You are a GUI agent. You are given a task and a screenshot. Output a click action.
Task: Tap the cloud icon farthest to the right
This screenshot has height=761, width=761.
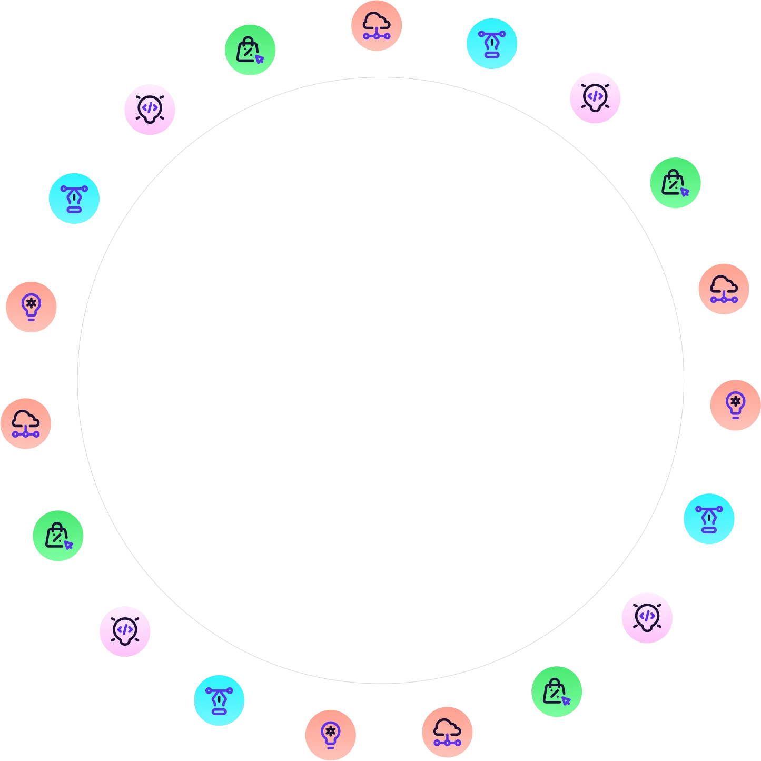(724, 289)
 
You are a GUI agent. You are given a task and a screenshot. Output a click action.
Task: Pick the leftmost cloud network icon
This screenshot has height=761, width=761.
(26, 423)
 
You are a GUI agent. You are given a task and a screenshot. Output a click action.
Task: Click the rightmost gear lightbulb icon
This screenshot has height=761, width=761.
(735, 406)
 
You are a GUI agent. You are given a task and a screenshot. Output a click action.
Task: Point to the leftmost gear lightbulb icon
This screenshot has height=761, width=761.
(31, 307)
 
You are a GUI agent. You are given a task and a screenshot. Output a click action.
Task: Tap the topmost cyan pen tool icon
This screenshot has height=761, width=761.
(491, 43)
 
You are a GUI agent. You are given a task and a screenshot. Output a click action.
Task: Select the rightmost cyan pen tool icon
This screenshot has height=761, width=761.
(709, 519)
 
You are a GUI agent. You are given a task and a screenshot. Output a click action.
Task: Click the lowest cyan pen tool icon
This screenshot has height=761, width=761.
(219, 700)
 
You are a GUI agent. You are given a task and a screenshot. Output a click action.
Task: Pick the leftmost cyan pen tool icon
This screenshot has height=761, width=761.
(74, 199)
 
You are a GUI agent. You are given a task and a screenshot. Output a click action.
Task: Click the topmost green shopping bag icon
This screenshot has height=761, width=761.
(250, 50)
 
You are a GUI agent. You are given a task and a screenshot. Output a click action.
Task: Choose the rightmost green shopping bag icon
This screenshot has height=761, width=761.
(676, 183)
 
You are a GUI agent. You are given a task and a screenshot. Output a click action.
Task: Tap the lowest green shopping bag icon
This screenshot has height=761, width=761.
(557, 691)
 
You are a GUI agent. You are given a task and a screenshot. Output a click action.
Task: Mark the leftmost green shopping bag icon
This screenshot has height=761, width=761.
(58, 536)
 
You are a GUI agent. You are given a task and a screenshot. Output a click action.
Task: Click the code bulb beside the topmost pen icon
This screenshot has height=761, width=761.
(596, 98)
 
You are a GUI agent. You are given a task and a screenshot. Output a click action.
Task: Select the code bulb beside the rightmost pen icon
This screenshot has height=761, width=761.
(647, 617)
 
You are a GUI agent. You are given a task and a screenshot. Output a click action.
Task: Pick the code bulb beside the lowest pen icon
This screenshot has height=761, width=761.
(124, 630)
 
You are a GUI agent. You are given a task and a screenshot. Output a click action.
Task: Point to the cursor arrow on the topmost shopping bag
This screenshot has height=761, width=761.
(259, 59)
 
